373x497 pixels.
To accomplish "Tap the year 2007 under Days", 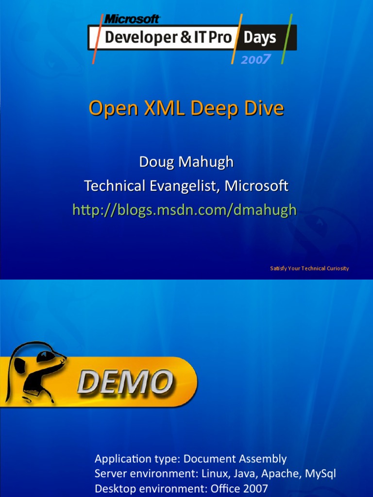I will click(256, 59).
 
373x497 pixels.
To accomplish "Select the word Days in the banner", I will click(260, 38).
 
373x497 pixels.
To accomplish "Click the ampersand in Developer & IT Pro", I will click(186, 38).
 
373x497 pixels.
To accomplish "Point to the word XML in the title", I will click(165, 108).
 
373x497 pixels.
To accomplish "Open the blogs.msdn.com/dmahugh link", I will click(185, 210).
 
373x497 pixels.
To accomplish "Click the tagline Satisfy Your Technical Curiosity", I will click(309, 268).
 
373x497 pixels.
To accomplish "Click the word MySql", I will click(321, 474).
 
